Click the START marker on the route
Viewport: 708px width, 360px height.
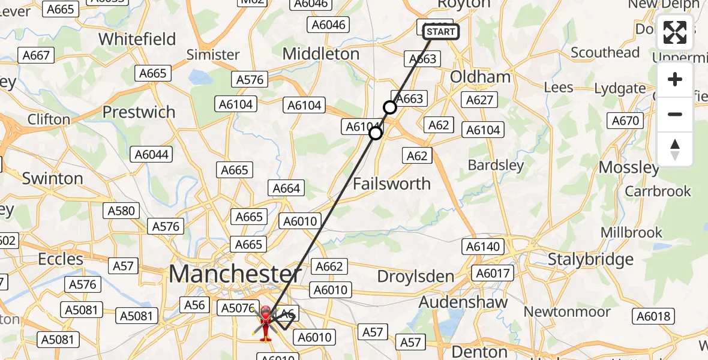coord(442,32)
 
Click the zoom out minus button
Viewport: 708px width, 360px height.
coord(675,114)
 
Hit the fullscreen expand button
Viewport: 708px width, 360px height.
coord(675,32)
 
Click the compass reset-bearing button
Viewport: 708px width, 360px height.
coord(675,149)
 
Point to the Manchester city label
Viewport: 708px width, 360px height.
coord(235,274)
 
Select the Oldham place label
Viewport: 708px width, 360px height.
coord(480,77)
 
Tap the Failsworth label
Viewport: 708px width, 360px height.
coord(392,184)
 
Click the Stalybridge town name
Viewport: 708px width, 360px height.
coord(591,259)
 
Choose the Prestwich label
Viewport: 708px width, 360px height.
coord(139,112)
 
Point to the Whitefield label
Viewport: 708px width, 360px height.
coord(137,39)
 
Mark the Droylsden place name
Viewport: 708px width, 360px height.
coord(416,276)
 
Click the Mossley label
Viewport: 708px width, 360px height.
coord(629,167)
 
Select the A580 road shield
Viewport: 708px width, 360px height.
coord(122,211)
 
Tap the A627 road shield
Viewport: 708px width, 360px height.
coord(479,100)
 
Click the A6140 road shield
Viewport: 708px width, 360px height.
coord(482,246)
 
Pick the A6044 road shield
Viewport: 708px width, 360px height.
coord(152,154)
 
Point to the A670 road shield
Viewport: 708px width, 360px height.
coord(625,121)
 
